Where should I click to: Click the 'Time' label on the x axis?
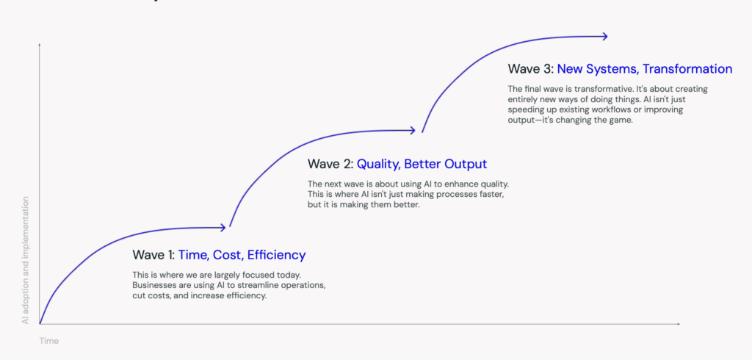click(49, 342)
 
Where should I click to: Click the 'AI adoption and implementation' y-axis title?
click(26, 259)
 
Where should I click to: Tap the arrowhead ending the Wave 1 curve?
click(223, 228)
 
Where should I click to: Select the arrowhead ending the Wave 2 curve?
click(413, 130)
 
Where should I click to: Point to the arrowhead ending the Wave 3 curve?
click(605, 36)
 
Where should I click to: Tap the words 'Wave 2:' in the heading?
click(330, 164)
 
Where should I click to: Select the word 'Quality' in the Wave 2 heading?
click(378, 165)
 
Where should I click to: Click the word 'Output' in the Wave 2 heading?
click(465, 165)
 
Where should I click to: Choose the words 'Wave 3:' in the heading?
click(531, 69)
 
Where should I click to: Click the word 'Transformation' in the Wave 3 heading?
click(687, 69)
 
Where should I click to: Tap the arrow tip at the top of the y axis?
click(40, 43)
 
